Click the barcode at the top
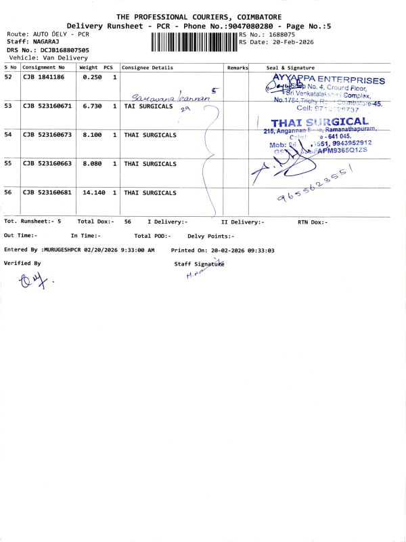pyautogui.click(x=194, y=41)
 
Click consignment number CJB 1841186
pyautogui.click(x=44, y=77)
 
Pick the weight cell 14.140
pyautogui.click(x=92, y=193)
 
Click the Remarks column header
pyautogui.click(x=238, y=68)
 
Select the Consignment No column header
pyautogui.click(x=44, y=68)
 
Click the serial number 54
pyautogui.click(x=8, y=135)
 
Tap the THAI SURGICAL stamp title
pyautogui.click(x=319, y=123)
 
